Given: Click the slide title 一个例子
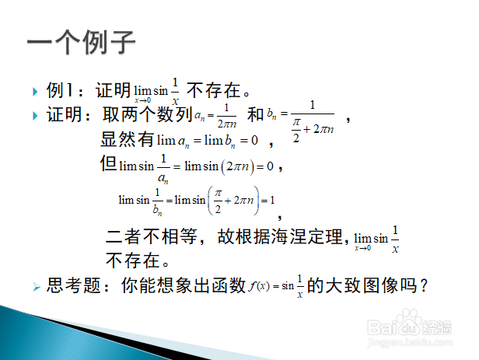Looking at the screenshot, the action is pyautogui.click(x=81, y=42).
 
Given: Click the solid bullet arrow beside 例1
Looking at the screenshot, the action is pyautogui.click(x=35, y=92).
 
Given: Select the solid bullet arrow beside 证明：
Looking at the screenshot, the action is pyautogui.click(x=35, y=116).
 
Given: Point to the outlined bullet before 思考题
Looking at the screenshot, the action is pyautogui.click(x=37, y=287).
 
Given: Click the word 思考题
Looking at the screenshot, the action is pyautogui.click(x=73, y=285).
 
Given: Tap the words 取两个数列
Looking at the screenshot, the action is pyautogui.click(x=148, y=115).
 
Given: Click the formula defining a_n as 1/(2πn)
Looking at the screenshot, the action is pyautogui.click(x=215, y=116).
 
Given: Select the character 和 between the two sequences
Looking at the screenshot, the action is pyautogui.click(x=255, y=114).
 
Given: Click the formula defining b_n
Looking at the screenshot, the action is pyautogui.click(x=301, y=121).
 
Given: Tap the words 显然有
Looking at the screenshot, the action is pyautogui.click(x=128, y=139).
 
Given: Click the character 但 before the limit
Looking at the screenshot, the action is pyautogui.click(x=108, y=163).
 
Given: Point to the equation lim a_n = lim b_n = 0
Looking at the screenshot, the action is pyautogui.click(x=208, y=141).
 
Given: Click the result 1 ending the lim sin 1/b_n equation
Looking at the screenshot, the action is pyautogui.click(x=272, y=201).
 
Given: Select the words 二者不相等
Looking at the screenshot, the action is pyautogui.click(x=151, y=236).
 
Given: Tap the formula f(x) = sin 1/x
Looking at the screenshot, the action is pyautogui.click(x=276, y=286).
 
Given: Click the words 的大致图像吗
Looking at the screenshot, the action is pyautogui.click(x=362, y=285).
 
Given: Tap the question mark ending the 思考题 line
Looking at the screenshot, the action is pyautogui.click(x=423, y=286).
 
